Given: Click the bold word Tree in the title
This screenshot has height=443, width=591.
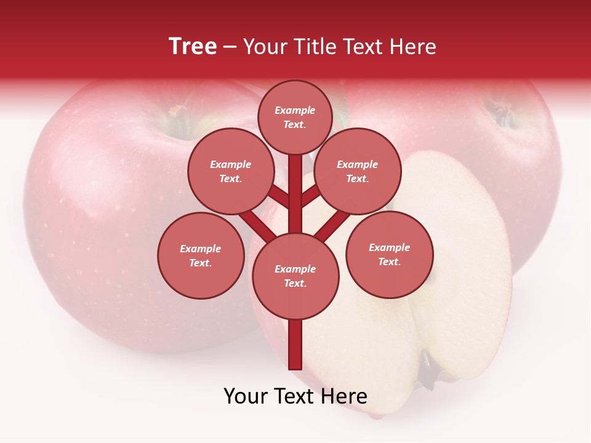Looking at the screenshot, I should point(193,47).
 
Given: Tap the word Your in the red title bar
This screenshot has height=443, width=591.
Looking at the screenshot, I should point(264,47).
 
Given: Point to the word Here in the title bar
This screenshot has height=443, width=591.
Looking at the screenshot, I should point(414,47).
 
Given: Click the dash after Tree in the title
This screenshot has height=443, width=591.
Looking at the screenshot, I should point(230,47).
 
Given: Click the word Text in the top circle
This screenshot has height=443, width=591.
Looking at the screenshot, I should point(294,124).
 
